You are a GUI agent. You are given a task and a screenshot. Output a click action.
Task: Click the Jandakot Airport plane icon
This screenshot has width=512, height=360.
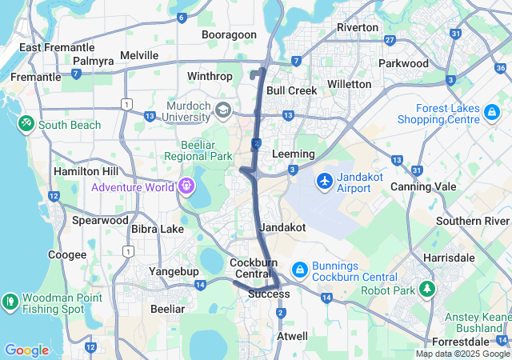[x=324, y=181]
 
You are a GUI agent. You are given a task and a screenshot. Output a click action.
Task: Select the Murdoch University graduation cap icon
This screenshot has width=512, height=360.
[x=223, y=108]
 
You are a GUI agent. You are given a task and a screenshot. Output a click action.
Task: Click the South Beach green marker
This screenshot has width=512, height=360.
[x=26, y=124]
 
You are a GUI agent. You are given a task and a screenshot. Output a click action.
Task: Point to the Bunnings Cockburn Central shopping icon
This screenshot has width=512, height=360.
[x=299, y=270]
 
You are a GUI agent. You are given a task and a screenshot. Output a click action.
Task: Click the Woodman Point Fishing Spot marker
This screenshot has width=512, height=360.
[x=10, y=302]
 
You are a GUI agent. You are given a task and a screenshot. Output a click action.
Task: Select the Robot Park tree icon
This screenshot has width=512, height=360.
[x=429, y=289]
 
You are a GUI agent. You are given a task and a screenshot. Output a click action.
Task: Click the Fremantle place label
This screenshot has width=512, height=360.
[x=35, y=77]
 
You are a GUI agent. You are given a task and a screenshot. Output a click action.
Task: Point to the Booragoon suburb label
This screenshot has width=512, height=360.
[x=229, y=34]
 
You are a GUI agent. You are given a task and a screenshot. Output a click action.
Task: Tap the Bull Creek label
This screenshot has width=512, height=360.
[x=292, y=90]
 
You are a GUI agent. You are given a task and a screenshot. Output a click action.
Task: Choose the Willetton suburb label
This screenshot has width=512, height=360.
[x=350, y=84]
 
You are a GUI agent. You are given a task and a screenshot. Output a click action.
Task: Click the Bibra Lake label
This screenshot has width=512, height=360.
[x=157, y=229]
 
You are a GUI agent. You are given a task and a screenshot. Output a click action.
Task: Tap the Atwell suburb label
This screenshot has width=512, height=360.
[x=291, y=336]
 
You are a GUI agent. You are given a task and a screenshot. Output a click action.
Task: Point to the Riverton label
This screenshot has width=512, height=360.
[x=358, y=27]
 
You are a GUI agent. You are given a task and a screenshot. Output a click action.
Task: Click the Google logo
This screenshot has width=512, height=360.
[x=26, y=350]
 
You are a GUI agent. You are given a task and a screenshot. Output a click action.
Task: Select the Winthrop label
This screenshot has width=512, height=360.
[x=210, y=76]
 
